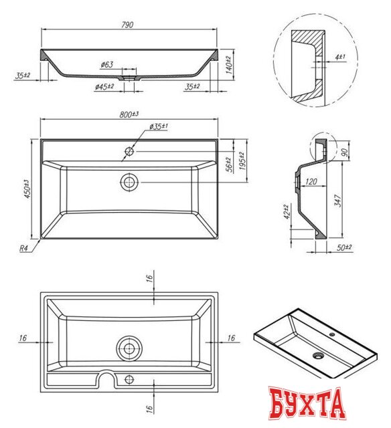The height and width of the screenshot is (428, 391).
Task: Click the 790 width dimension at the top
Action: click(128, 25)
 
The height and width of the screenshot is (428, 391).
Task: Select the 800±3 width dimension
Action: click(129, 114)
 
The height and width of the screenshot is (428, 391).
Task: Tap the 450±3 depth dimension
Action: click(26, 189)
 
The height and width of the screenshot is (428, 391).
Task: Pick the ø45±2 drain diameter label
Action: click(104, 87)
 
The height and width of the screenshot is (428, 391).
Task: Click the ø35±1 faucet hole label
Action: click(158, 126)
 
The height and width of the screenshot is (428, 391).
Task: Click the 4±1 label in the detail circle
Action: click(341, 58)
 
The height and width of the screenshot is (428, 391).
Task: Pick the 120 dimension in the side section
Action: click(311, 181)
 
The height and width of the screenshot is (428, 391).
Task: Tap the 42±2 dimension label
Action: click(287, 213)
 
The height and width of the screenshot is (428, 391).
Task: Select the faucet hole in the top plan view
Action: click(128, 152)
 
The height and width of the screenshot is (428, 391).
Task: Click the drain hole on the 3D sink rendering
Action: click(317, 355)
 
